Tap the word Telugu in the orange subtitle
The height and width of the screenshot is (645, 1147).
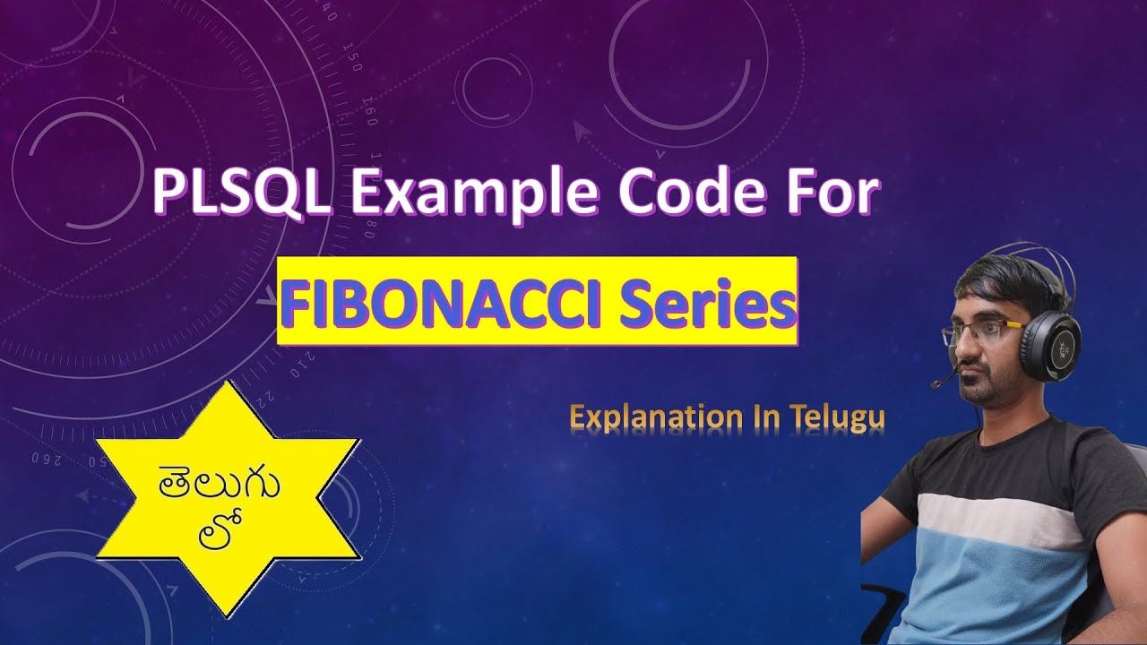coord(839,418)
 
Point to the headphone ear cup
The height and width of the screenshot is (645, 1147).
coord(1049,346)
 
